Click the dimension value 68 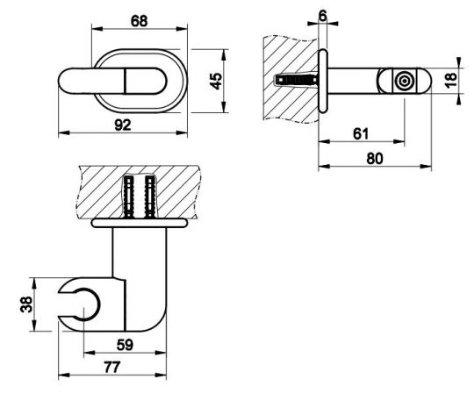tap(139, 21)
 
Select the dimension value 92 tap(123, 125)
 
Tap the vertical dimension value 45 tap(216, 81)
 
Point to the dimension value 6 tap(323, 16)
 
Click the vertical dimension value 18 tap(451, 80)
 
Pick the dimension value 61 tap(361, 134)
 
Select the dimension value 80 tap(375, 159)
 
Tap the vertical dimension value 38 tap(26, 304)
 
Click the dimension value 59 tap(125, 345)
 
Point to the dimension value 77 tap(112, 368)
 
